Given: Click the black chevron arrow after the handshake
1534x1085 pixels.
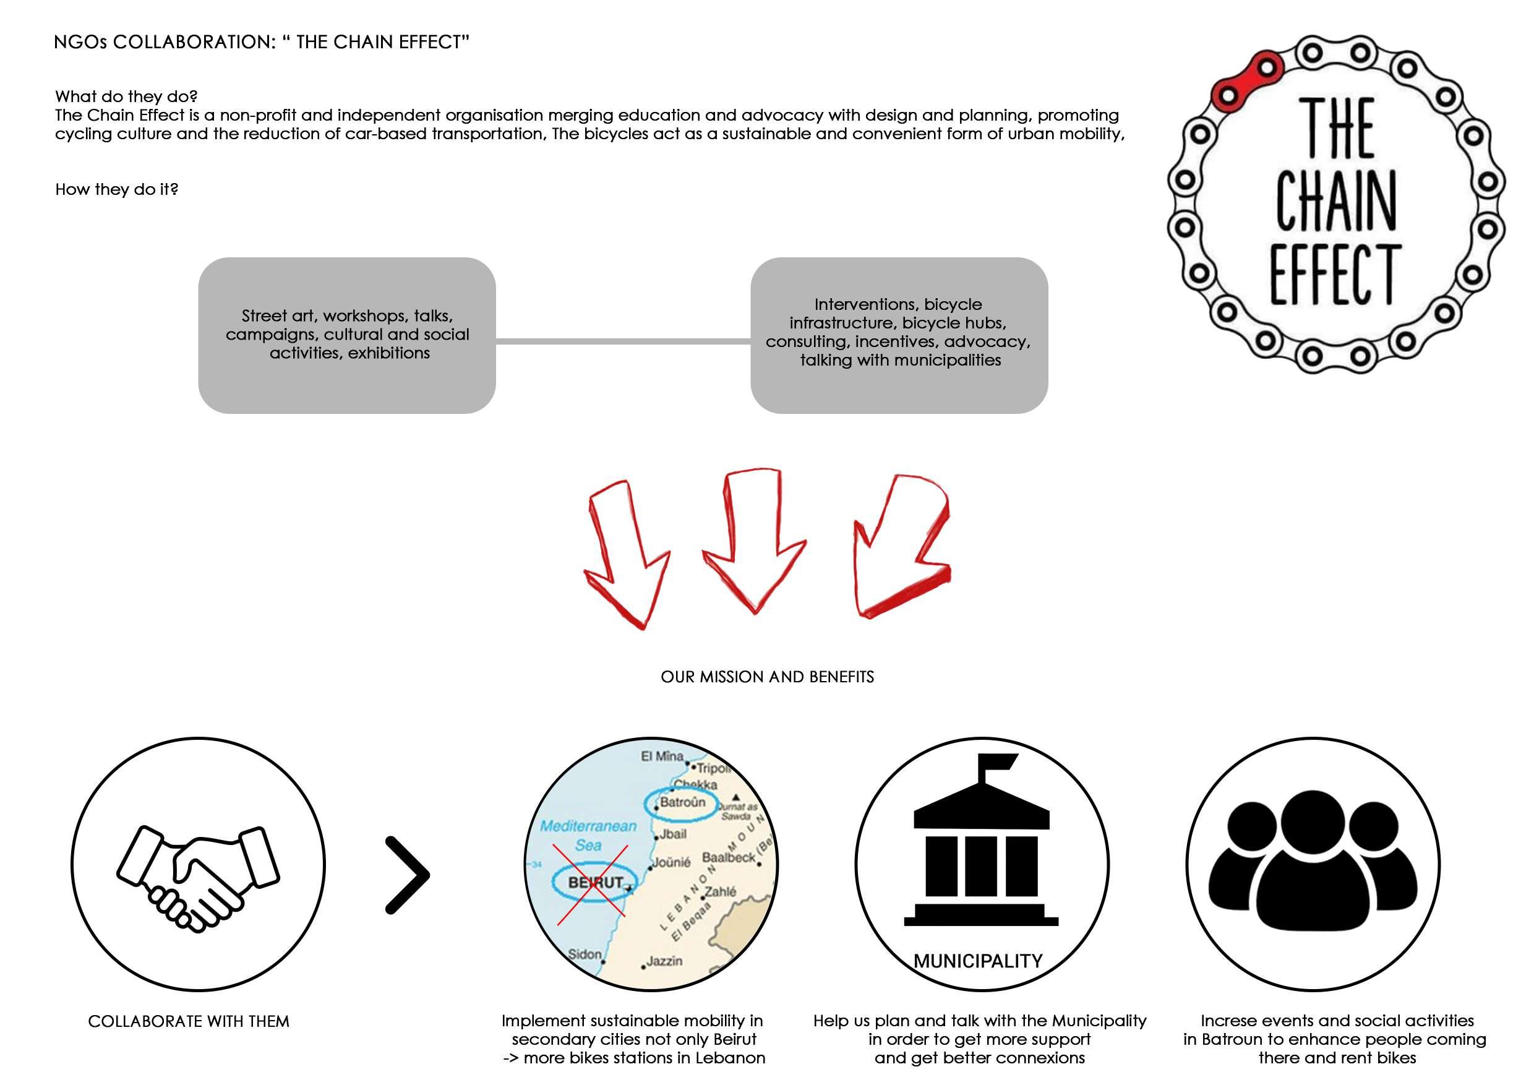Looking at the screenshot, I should [x=408, y=875].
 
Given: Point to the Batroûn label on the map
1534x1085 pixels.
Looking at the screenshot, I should [x=682, y=802].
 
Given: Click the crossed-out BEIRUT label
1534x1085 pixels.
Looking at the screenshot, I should [x=594, y=883].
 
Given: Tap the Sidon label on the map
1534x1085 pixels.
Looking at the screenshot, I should [x=585, y=954].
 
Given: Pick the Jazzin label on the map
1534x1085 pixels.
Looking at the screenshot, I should [x=664, y=961].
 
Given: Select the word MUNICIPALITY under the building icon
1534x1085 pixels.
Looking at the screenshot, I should [x=977, y=961].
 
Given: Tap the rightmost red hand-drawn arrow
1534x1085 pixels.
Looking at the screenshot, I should [x=902, y=548].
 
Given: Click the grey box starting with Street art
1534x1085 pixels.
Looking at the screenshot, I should [x=347, y=335].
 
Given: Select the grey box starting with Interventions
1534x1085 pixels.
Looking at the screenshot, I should [x=899, y=335].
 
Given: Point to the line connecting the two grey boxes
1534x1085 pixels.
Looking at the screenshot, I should [x=623, y=341].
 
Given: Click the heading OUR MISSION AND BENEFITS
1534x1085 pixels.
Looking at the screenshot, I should [x=767, y=677].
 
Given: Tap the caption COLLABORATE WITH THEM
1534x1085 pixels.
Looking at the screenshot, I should [x=189, y=1021].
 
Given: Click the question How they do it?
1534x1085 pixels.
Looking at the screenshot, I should [x=116, y=189].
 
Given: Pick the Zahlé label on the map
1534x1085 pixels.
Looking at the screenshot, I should [x=720, y=891].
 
